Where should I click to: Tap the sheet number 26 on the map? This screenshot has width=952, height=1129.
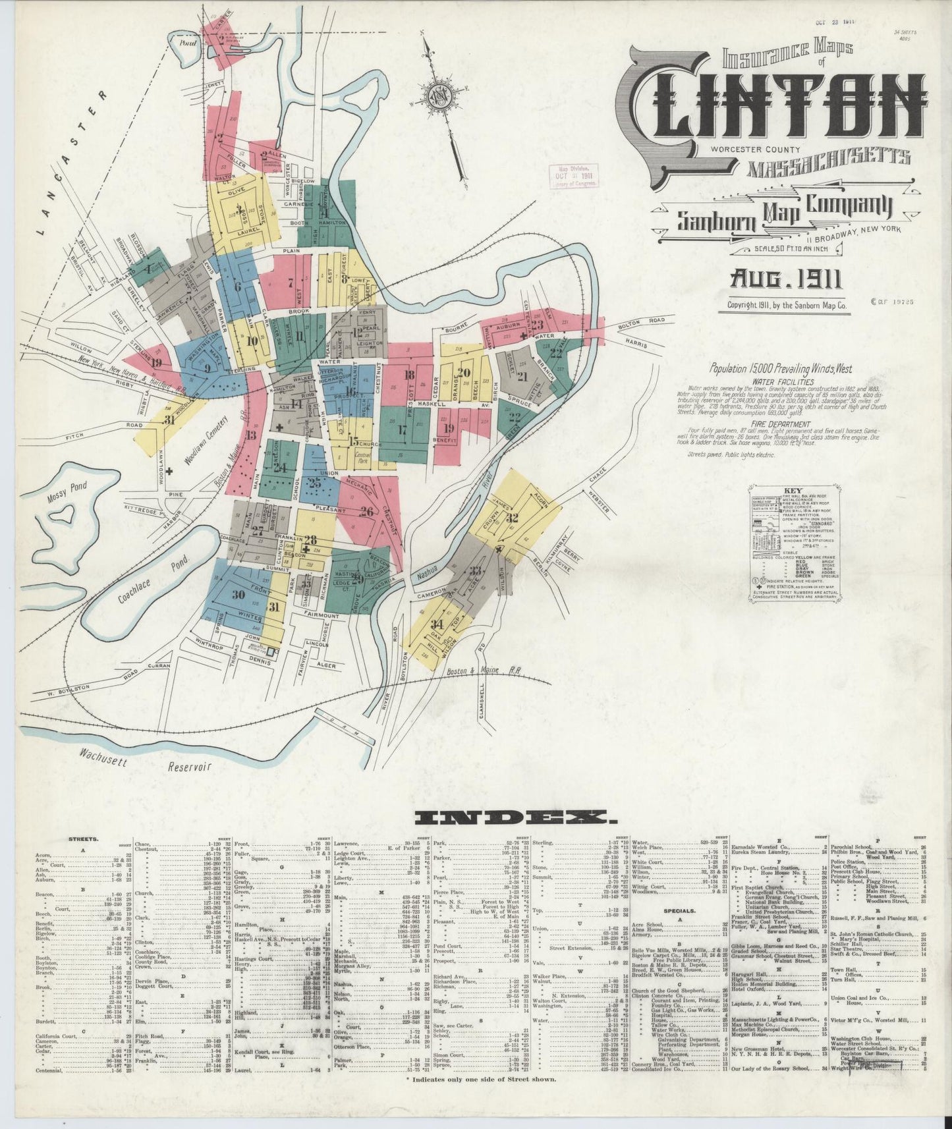(367, 511)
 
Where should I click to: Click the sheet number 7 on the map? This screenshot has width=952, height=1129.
(290, 285)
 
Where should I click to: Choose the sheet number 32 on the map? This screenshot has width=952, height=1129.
(512, 517)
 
